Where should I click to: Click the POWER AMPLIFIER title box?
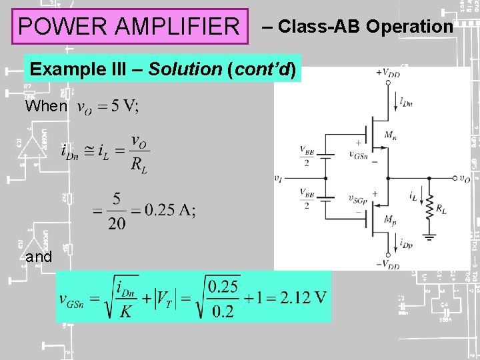click(129, 27)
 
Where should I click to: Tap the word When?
click(46, 106)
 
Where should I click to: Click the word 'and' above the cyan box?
click(39, 257)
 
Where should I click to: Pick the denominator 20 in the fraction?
click(117, 223)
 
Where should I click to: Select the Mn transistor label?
click(391, 135)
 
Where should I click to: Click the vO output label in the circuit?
click(465, 179)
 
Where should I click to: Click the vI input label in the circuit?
click(279, 179)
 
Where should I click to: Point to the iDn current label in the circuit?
click(406, 101)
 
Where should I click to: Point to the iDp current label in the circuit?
click(406, 244)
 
